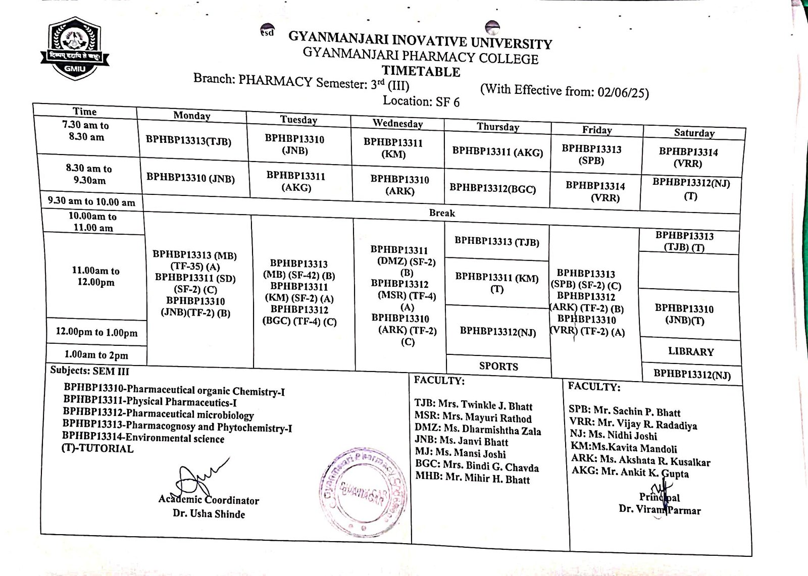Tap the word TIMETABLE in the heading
click(x=421, y=71)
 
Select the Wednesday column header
click(x=397, y=123)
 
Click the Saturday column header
click(x=694, y=133)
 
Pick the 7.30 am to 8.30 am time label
click(x=86, y=131)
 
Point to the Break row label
click(x=442, y=213)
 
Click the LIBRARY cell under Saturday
click(x=691, y=351)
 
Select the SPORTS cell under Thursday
click(x=498, y=366)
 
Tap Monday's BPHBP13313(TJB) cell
click(x=188, y=141)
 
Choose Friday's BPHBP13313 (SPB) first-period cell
click(x=591, y=154)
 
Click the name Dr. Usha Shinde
click(x=209, y=514)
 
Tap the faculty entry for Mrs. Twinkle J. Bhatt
click(x=473, y=405)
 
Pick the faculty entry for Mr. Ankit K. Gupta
click(x=630, y=473)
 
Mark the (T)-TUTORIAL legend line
click(x=97, y=448)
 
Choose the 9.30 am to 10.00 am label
click(x=91, y=201)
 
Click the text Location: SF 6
click(x=421, y=101)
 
